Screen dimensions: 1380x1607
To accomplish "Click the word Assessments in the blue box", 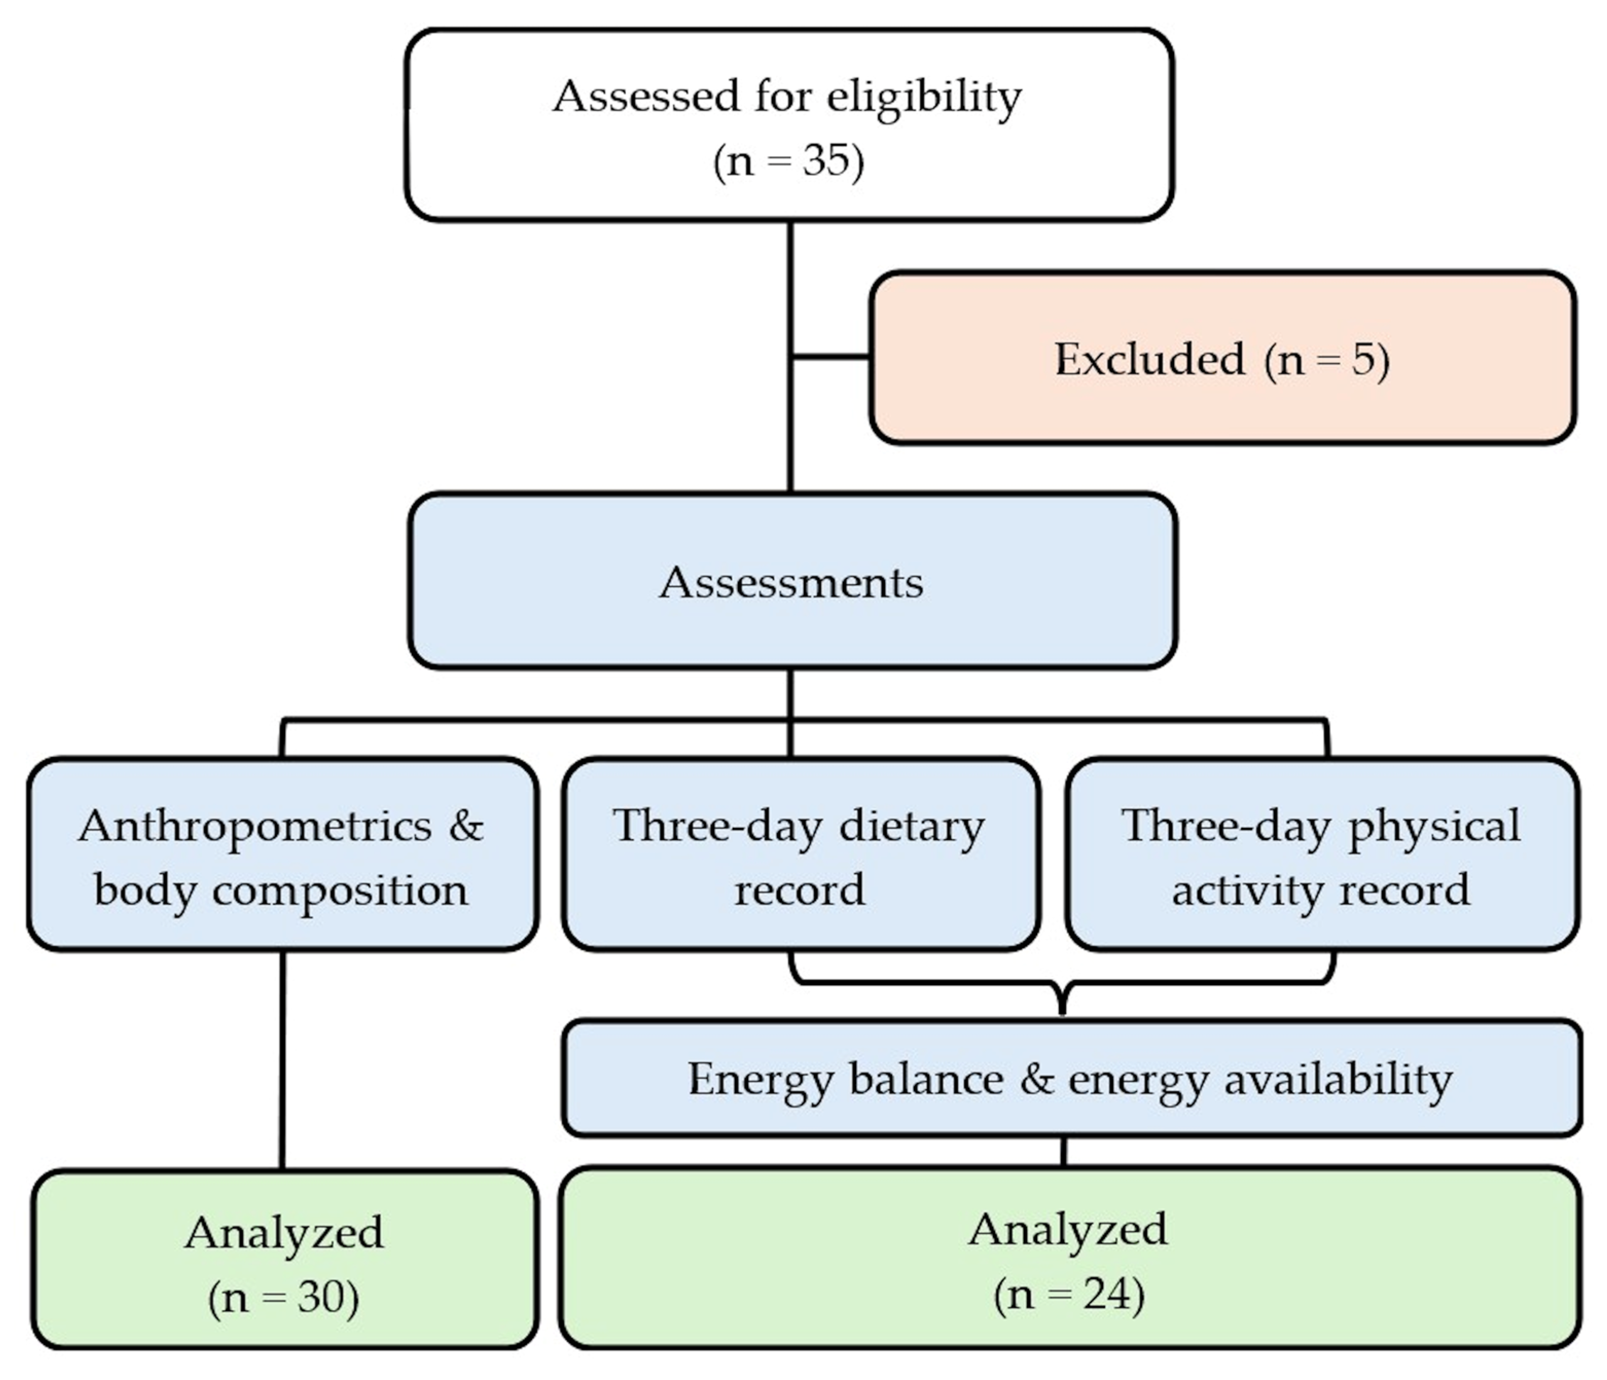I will pyautogui.click(x=791, y=582).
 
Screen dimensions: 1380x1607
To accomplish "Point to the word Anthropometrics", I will pyautogui.click(x=255, y=826).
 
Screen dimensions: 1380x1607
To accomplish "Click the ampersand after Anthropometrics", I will pyautogui.click(x=465, y=826).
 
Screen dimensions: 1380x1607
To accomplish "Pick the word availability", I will pyautogui.click(x=1338, y=1078).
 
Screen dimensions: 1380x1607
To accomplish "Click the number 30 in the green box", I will pyautogui.click(x=320, y=1297).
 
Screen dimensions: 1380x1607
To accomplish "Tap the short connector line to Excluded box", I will pyautogui.click(x=830, y=357).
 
